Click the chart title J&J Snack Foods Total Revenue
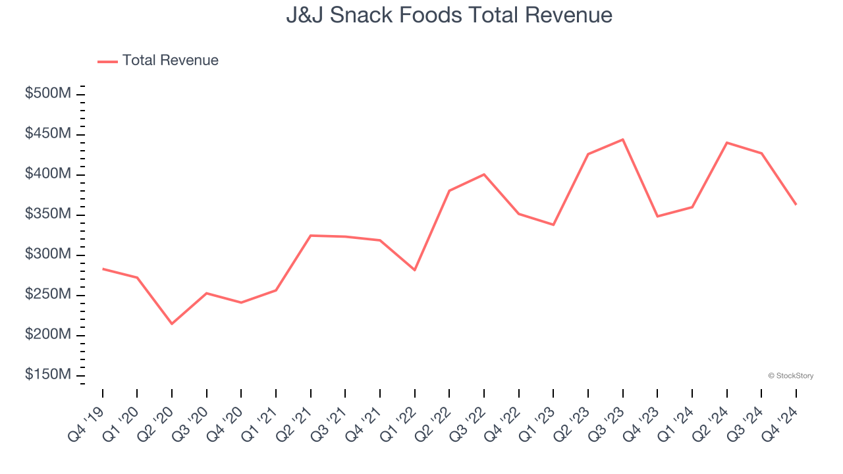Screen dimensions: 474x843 coord(449,15)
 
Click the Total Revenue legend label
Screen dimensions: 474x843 coord(170,61)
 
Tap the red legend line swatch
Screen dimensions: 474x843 coord(107,61)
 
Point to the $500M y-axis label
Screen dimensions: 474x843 coord(48,93)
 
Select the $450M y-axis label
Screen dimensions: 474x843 coord(48,134)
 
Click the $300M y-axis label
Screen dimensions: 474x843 coord(48,254)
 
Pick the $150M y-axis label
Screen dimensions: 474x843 coord(48,375)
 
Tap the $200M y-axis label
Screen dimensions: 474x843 coord(48,334)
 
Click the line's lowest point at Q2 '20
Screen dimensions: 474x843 coord(172,324)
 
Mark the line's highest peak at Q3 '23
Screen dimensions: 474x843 coord(622,140)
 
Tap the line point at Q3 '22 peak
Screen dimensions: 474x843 coord(484,174)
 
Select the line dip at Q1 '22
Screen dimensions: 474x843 coord(414,270)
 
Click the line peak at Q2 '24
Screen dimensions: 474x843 coord(726,142)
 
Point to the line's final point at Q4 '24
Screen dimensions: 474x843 coord(796,204)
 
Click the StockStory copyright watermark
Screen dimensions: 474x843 coord(790,376)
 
